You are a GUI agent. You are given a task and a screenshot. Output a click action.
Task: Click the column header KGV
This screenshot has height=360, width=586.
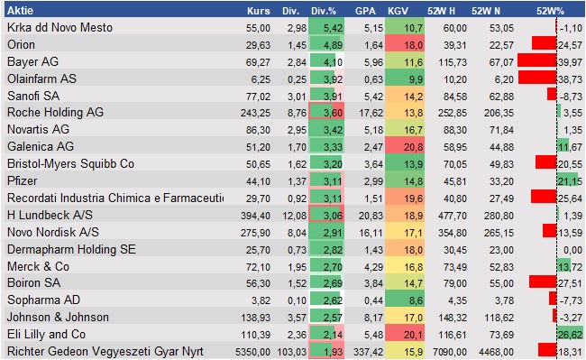[x=398, y=11]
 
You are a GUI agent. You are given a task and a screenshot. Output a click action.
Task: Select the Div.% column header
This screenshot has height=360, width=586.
[x=323, y=11]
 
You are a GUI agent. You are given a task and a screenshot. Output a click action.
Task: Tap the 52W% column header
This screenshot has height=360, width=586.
[x=549, y=11]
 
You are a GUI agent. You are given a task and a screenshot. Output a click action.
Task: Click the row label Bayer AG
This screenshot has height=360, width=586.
[x=33, y=61]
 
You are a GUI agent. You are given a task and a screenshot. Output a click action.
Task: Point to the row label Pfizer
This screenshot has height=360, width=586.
[x=23, y=180]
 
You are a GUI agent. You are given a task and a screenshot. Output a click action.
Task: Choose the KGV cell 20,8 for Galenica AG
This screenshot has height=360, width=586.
[x=411, y=146]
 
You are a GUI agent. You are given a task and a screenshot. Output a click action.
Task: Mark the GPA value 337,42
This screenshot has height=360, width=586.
[x=362, y=351]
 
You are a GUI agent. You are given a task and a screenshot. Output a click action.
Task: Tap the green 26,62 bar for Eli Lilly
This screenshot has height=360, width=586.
[x=570, y=334]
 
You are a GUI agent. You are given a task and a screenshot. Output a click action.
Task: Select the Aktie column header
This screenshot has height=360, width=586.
[x=22, y=11]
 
